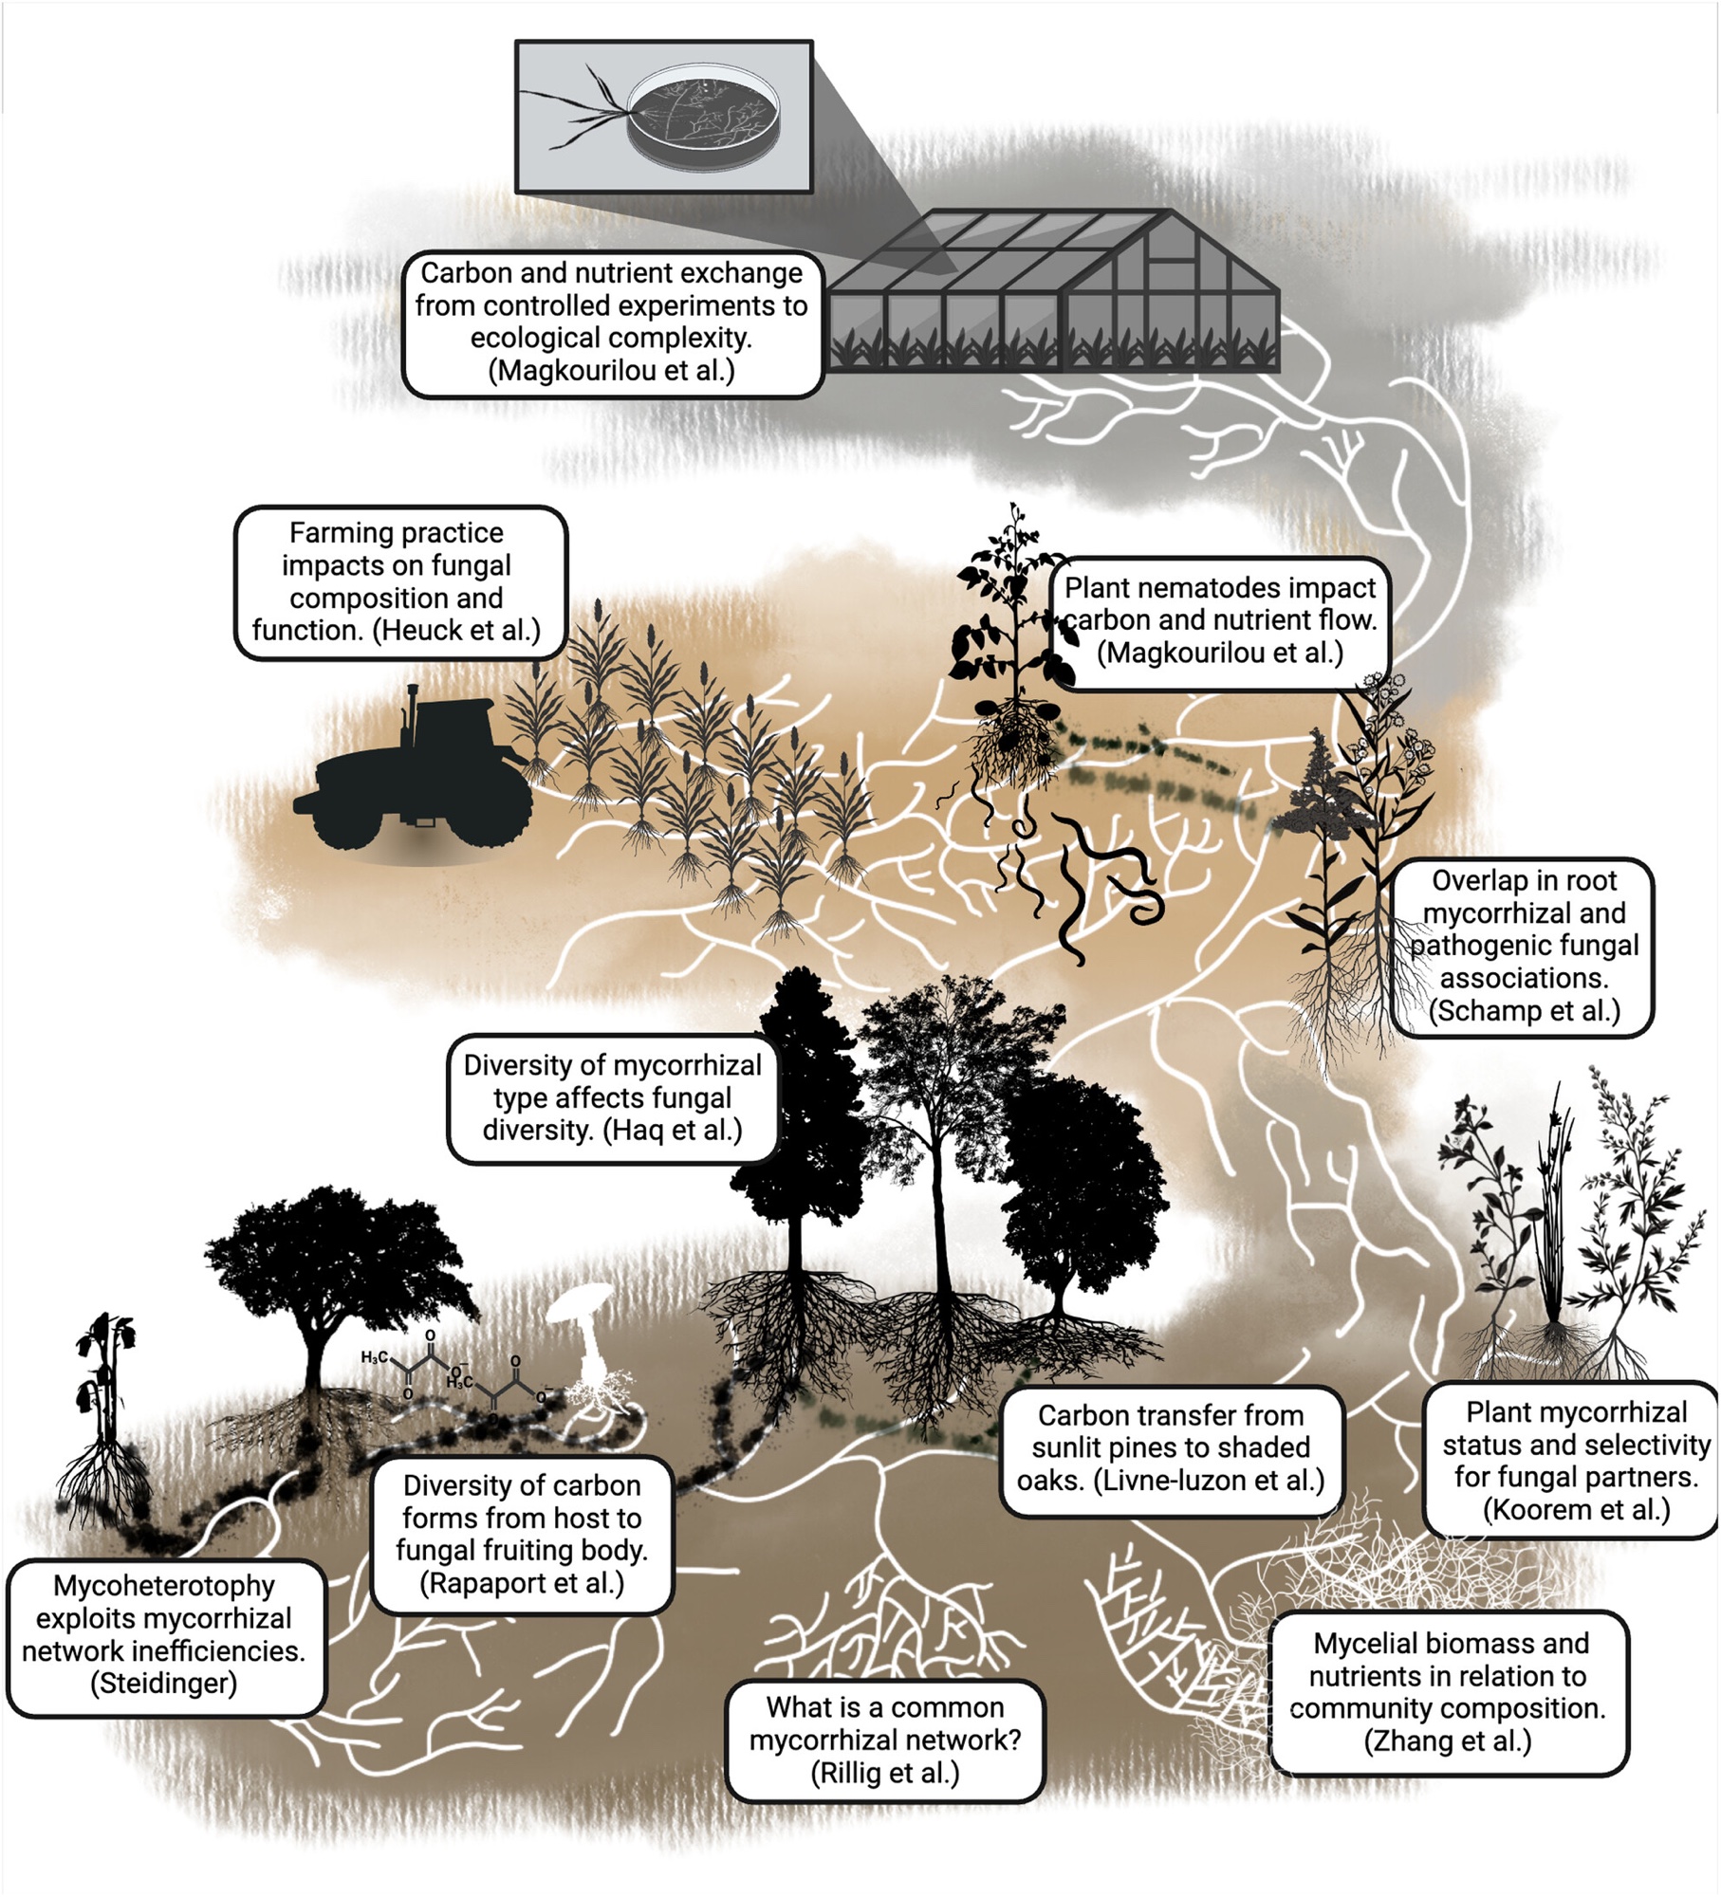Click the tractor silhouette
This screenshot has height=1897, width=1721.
coord(417,778)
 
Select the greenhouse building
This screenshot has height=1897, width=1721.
coord(1053,294)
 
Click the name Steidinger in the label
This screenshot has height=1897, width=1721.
coord(163,1684)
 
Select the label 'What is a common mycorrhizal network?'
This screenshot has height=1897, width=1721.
coord(884,1740)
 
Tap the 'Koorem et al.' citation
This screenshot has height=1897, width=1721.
coord(1576,1510)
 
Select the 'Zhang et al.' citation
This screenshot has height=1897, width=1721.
coord(1448,1741)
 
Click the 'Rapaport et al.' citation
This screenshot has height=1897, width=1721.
coord(522,1583)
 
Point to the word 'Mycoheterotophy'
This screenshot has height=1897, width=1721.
coord(163,1586)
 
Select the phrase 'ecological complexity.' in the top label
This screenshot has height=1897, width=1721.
coord(611,338)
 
